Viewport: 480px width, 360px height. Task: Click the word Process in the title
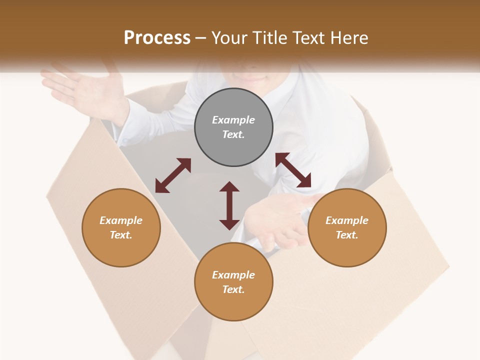pyautogui.click(x=157, y=38)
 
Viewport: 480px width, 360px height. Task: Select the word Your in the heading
pyautogui.click(x=228, y=38)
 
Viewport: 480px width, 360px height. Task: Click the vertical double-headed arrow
pyautogui.click(x=229, y=205)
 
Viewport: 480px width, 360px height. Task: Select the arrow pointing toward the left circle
pyautogui.click(x=173, y=175)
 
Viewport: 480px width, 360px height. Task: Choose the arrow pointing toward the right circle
pyautogui.click(x=293, y=170)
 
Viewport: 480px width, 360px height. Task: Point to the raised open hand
pyautogui.click(x=85, y=90)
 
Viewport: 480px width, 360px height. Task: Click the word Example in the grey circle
pyautogui.click(x=233, y=120)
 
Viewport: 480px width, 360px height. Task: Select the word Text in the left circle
pyautogui.click(x=121, y=235)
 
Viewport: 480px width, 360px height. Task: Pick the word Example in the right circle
pyautogui.click(x=347, y=220)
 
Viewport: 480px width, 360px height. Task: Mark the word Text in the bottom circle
pyautogui.click(x=233, y=289)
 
